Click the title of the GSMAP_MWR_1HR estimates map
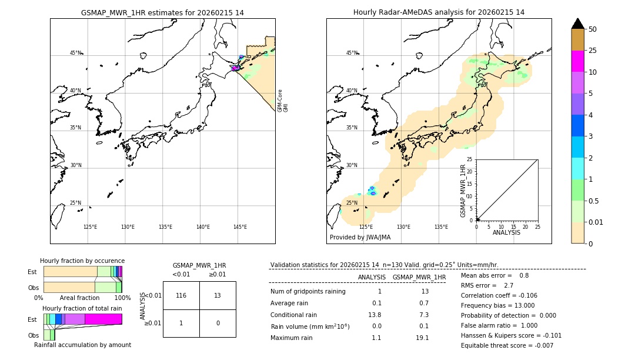162,12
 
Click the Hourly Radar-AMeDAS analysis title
439,12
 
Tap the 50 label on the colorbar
593,29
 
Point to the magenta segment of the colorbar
577,61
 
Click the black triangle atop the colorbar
577,24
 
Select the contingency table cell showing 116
181,295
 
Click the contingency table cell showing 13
218,295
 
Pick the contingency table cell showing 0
218,323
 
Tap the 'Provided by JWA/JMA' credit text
360,237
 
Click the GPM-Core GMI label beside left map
283,101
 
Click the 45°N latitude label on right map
351,53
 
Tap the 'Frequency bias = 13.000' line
497,305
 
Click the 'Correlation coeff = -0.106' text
499,295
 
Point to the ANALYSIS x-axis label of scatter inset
506,232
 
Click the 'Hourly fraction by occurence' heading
82,261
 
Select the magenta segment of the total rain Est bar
103,319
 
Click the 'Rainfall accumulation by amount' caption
82,345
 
